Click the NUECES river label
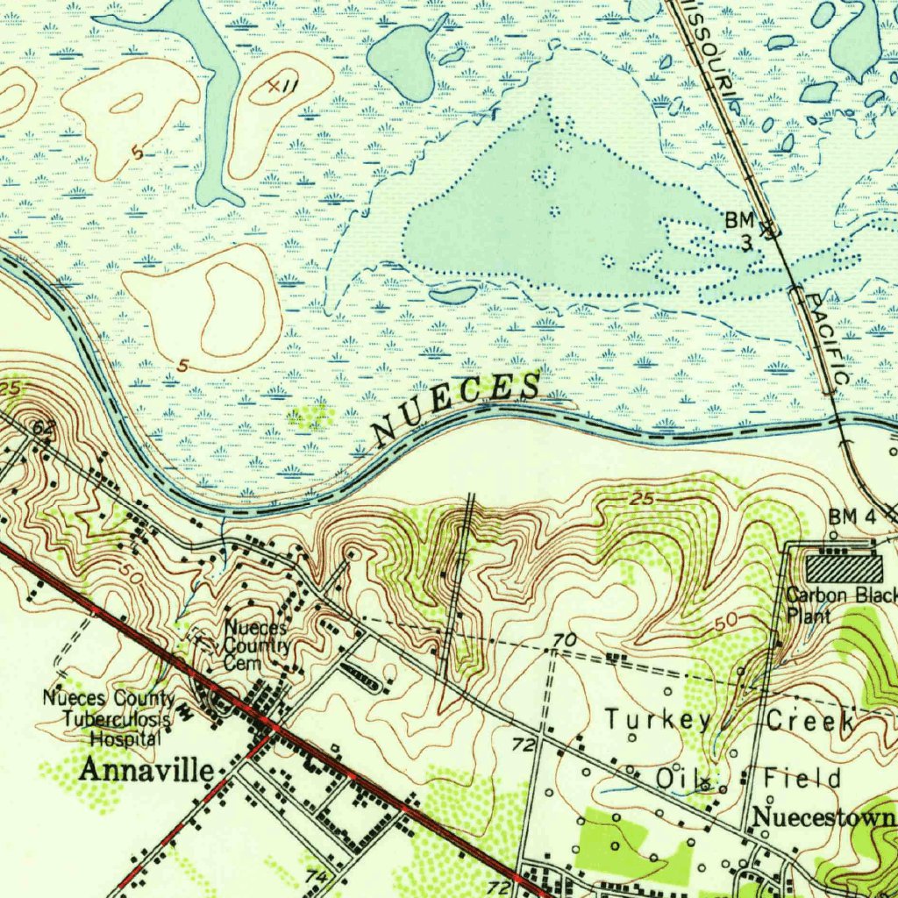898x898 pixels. pyautogui.click(x=456, y=408)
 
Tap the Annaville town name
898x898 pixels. pyautogui.click(x=147, y=771)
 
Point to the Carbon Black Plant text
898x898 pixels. pyautogui.click(x=839, y=605)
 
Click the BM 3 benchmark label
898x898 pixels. pyautogui.click(x=740, y=231)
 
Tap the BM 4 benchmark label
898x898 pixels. pyautogui.click(x=852, y=517)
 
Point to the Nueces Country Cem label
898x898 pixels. pyautogui.click(x=256, y=646)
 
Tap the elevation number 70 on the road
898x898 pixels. pyautogui.click(x=565, y=643)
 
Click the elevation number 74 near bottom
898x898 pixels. pyautogui.click(x=317, y=877)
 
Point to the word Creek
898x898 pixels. pyautogui.click(x=810, y=721)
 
